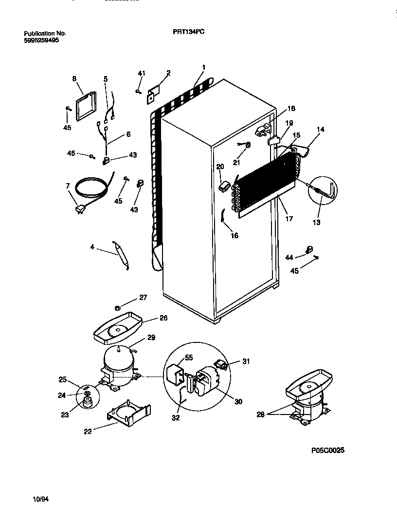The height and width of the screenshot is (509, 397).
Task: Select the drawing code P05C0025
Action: coord(326,451)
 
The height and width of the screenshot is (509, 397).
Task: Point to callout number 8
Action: coord(74,78)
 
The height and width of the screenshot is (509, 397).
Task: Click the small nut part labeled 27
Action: coord(117,307)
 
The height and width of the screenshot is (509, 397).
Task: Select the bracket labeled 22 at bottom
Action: coord(128,413)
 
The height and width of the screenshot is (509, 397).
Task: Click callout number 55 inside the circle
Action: coord(189,358)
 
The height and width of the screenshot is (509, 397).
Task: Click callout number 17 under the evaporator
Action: coord(289,219)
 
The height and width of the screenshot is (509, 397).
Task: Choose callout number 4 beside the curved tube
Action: coord(92,247)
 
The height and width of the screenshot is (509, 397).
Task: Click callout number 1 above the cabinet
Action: coord(203,67)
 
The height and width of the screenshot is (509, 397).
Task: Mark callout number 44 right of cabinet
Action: coord(289,256)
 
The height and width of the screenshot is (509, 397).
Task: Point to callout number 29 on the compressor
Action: coord(151,338)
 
